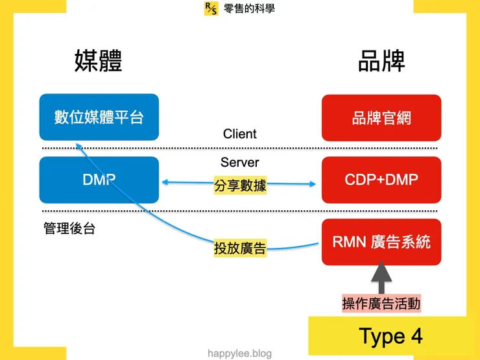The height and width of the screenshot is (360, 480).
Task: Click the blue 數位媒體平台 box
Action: click(x=99, y=117)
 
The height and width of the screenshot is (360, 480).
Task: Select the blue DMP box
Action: click(x=99, y=180)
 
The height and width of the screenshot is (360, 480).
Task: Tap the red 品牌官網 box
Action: click(x=381, y=118)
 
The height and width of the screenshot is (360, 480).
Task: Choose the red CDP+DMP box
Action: click(x=381, y=180)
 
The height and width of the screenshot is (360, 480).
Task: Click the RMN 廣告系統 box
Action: click(x=381, y=242)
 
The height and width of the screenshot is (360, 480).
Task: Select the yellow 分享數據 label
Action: click(x=240, y=186)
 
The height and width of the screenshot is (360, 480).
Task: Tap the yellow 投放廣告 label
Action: click(x=240, y=248)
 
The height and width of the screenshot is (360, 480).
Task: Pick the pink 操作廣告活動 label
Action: click(x=381, y=303)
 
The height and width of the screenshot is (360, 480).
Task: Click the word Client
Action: click(x=240, y=134)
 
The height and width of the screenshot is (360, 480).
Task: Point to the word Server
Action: click(x=240, y=162)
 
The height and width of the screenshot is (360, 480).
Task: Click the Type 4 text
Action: click(x=390, y=336)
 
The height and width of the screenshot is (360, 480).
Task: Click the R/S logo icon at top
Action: click(x=211, y=8)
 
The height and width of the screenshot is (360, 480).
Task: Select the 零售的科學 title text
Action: click(x=249, y=8)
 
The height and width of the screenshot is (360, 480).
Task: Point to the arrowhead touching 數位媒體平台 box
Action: click(x=78, y=145)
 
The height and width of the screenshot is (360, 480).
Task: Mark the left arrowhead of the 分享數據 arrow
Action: click(x=164, y=184)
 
